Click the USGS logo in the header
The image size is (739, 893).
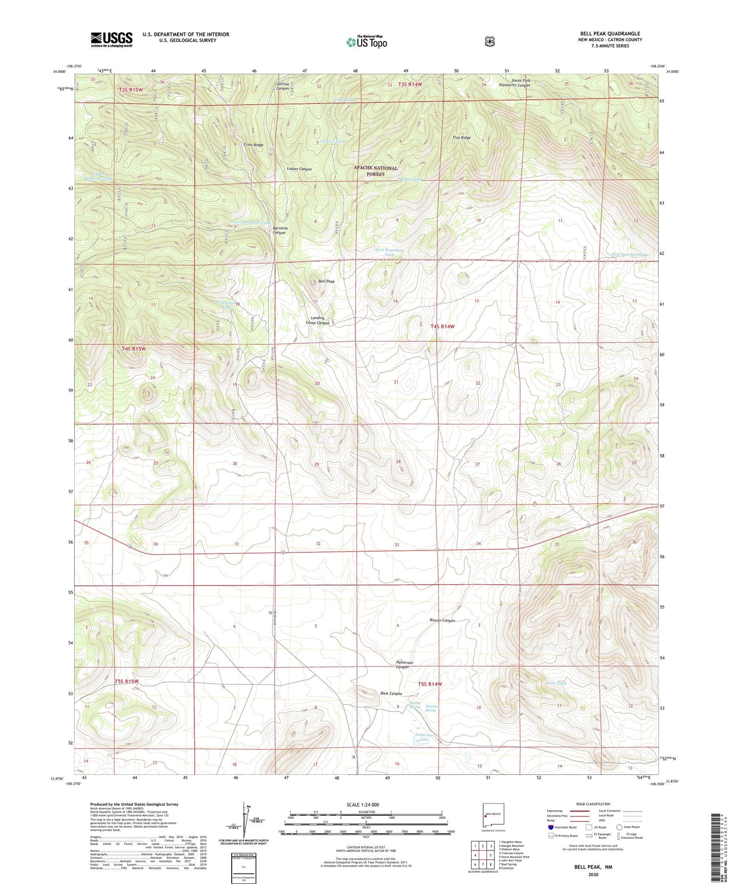111,39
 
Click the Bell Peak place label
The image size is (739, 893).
326,281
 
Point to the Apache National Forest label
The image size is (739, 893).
375,171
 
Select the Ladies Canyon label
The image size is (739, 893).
299,169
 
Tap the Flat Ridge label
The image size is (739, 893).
461,138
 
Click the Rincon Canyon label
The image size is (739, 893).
442,620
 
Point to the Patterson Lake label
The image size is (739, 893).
424,737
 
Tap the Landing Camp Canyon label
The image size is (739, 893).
317,320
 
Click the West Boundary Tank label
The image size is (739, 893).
389,252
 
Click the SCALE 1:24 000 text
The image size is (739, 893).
363,805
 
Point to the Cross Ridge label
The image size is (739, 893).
253,145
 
